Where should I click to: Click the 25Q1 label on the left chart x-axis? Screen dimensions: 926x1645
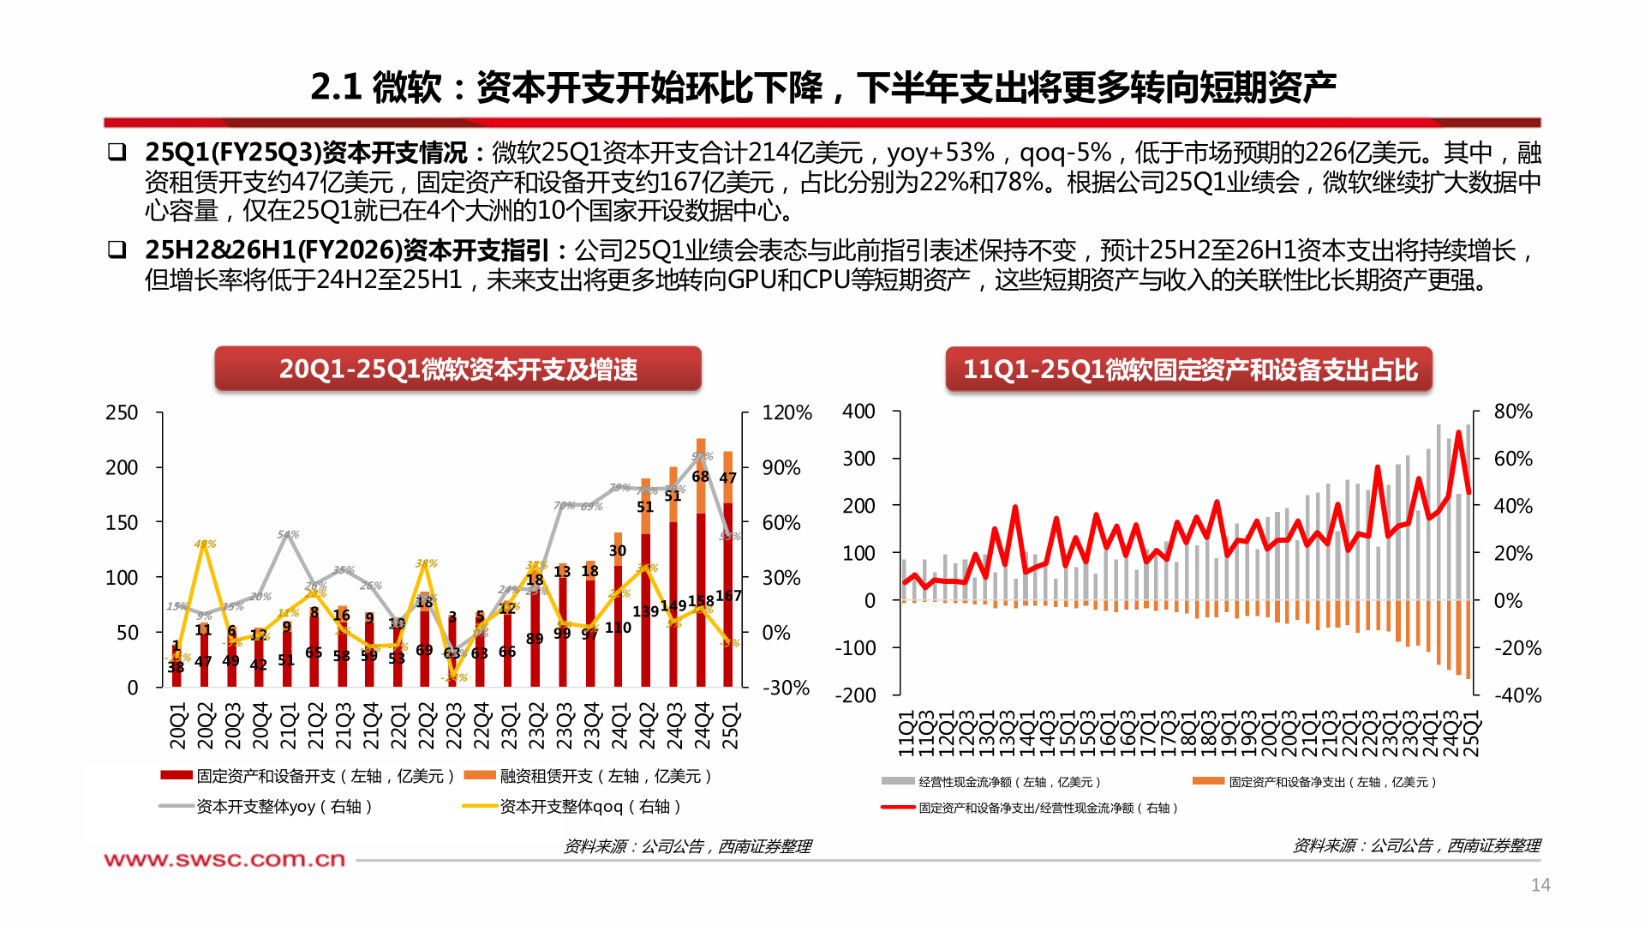[x=730, y=726]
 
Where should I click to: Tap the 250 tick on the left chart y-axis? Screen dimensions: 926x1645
[x=122, y=413]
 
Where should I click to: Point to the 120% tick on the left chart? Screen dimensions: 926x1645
[x=787, y=413]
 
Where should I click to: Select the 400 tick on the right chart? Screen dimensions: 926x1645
[x=858, y=412]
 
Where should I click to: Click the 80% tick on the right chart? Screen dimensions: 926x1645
[x=1513, y=412]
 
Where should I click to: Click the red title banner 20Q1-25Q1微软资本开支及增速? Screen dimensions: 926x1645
[x=458, y=369]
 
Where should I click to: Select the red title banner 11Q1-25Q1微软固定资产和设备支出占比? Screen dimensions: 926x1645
[x=1189, y=370]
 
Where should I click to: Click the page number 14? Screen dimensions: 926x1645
[x=1540, y=885]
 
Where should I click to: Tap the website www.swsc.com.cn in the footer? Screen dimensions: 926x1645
[x=224, y=859]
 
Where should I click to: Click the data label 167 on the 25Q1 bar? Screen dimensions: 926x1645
[x=728, y=595]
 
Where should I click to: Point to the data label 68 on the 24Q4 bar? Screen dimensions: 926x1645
[x=700, y=476]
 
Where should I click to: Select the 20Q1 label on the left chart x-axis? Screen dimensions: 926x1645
[x=177, y=726]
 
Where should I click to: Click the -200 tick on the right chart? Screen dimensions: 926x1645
[x=856, y=695]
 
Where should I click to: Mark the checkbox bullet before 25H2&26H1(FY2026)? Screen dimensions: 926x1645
[x=117, y=250]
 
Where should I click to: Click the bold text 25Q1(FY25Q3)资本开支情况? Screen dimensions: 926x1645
[x=306, y=153]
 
